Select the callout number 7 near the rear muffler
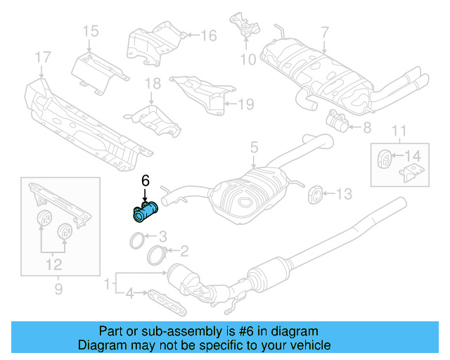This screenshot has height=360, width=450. coord(324,32)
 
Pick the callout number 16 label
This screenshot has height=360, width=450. coord(208,36)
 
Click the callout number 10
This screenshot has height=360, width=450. coord(247,60)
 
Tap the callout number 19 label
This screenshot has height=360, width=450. coord(244,104)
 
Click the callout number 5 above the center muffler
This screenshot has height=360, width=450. coord(254,148)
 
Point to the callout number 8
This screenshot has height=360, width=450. coord(366,128)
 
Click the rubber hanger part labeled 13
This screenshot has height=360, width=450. coord(315,193)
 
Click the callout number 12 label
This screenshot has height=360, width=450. coord(53,264)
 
